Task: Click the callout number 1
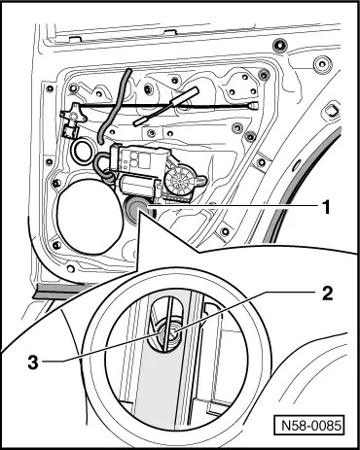tap(326, 207)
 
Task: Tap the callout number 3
tap(33, 363)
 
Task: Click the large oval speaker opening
tap(90, 217)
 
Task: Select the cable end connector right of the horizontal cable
tap(253, 105)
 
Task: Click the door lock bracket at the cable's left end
tap(73, 121)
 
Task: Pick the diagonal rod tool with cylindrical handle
tap(165, 106)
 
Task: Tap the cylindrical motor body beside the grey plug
tap(139, 186)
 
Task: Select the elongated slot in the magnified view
tap(166, 325)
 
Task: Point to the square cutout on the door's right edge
tap(331, 110)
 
